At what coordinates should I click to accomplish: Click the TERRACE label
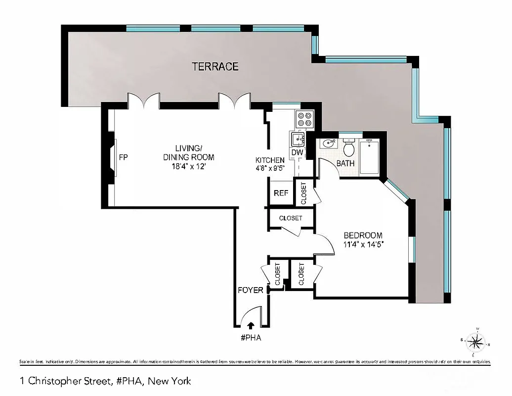[x=215, y=66]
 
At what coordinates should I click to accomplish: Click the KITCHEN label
[x=269, y=160]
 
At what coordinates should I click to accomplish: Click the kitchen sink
[x=298, y=139]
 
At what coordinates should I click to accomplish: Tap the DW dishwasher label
[x=297, y=153]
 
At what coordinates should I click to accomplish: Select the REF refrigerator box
[x=281, y=193]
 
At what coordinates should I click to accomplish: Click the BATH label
[x=345, y=163]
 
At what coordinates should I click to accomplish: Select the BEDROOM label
[x=363, y=235]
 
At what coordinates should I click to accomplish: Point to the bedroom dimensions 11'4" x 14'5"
[x=364, y=244]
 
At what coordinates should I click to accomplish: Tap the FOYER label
[x=251, y=290]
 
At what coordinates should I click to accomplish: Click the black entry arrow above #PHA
[x=251, y=325]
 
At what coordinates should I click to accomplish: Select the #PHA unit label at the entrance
[x=251, y=339]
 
